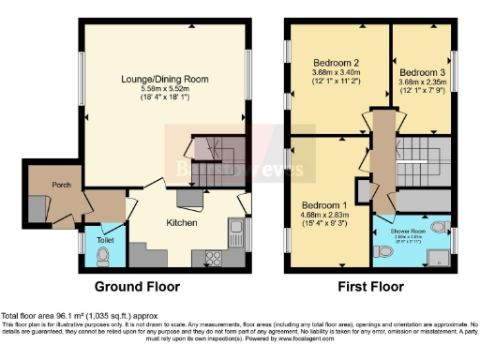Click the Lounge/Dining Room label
[x=166, y=79]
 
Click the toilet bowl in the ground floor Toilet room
[x=103, y=252]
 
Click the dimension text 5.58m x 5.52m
[x=166, y=88]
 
